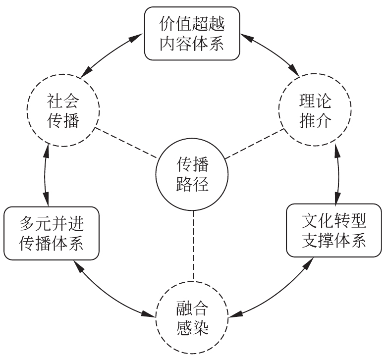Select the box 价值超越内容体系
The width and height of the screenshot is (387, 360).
coord(193,33)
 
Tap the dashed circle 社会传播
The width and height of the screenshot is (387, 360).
coord(64,111)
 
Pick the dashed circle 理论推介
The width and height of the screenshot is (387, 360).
coord(315,111)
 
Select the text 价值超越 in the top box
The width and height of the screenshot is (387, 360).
coord(193,24)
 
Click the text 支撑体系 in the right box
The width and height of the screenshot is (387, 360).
coord(334,241)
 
